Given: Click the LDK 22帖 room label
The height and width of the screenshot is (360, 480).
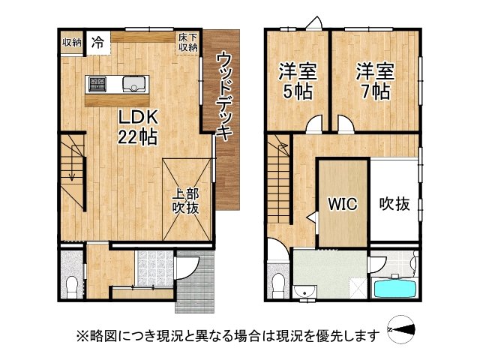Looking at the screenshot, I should [136, 127].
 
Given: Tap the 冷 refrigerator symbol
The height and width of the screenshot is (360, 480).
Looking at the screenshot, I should [97, 43].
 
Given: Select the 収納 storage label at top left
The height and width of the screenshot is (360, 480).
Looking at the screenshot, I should [72, 42].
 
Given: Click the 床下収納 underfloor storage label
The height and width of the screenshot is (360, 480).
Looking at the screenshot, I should [188, 42].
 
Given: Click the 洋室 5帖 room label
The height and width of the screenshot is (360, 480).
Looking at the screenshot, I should [298, 82].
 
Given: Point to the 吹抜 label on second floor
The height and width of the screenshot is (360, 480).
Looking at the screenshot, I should [394, 203].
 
